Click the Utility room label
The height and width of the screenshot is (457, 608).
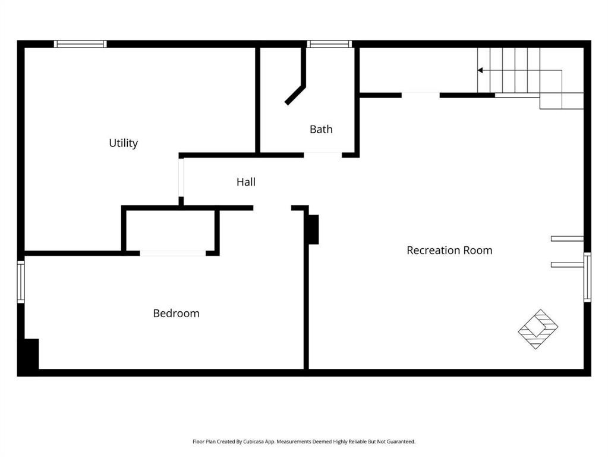click(x=123, y=143)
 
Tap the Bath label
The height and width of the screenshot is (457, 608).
click(x=321, y=129)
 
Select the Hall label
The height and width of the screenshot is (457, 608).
click(x=246, y=182)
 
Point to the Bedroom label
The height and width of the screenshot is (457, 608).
click(x=176, y=313)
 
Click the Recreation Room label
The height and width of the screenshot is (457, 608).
click(x=449, y=251)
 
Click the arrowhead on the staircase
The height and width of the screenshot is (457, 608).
click(x=480, y=70)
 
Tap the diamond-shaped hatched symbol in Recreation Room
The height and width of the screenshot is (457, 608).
click(x=538, y=328)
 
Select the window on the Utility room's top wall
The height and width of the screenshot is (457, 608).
click(x=80, y=44)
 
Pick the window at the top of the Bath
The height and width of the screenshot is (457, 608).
click(x=329, y=44)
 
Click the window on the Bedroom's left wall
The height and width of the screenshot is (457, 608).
click(x=21, y=282)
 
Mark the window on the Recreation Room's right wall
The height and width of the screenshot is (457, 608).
click(x=587, y=277)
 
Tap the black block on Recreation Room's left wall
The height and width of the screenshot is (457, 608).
click(x=313, y=229)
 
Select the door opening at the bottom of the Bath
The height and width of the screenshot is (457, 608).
click(x=323, y=155)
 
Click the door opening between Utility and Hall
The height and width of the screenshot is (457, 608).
click(x=181, y=177)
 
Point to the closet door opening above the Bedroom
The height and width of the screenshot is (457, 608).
click(x=172, y=253)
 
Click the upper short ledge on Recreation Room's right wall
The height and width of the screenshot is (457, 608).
click(x=567, y=239)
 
